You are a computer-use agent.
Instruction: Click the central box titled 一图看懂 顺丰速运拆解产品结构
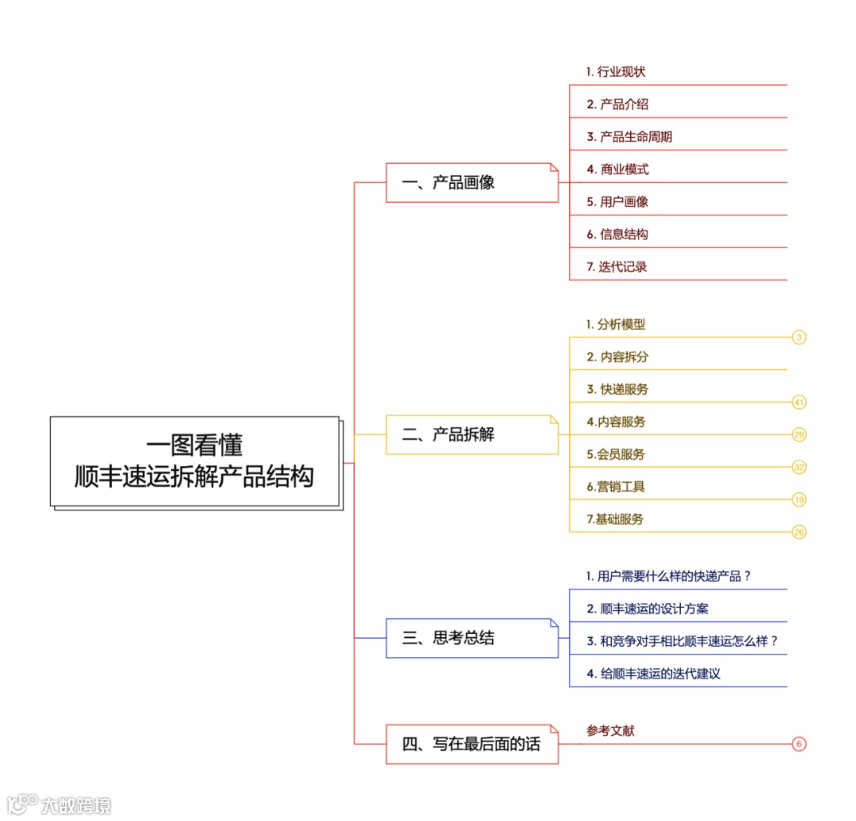click(195, 461)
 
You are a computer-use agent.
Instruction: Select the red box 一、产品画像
click(472, 183)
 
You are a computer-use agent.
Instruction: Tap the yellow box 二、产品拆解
click(472, 434)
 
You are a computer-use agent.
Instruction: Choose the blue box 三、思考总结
click(472, 638)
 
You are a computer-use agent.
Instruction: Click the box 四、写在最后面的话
click(472, 744)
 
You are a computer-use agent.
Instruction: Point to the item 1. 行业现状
click(616, 72)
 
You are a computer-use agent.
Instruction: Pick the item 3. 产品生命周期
click(629, 137)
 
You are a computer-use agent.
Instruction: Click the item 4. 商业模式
click(617, 170)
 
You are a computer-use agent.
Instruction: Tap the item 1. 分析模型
click(616, 325)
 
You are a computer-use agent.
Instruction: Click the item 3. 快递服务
click(617, 390)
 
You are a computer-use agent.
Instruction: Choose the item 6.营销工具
click(616, 487)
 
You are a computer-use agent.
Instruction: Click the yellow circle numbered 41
click(799, 403)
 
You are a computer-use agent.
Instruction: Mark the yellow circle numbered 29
click(799, 434)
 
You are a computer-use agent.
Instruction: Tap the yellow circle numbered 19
click(799, 499)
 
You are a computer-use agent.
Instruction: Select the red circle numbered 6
click(799, 744)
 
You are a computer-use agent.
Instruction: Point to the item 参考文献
click(610, 731)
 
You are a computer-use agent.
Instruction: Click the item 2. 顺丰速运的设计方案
click(648, 609)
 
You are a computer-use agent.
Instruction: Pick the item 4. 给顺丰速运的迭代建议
click(653, 674)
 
